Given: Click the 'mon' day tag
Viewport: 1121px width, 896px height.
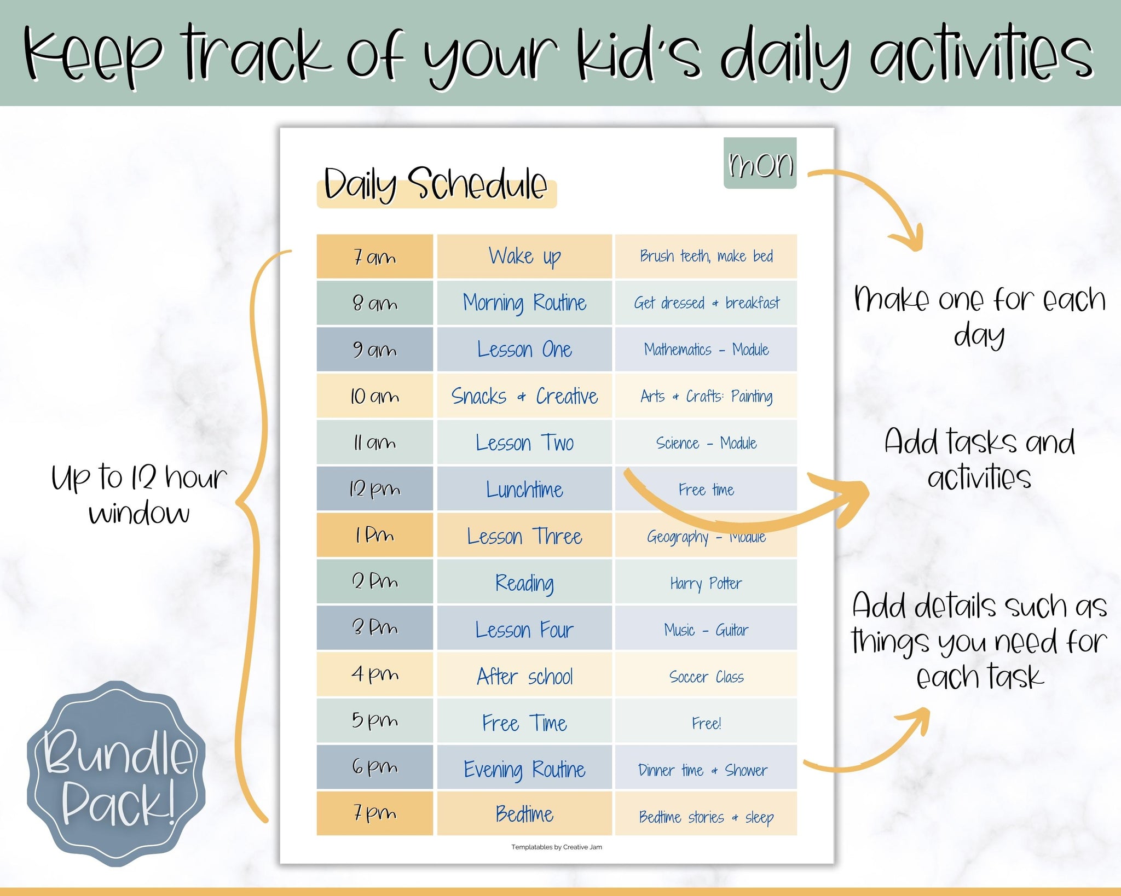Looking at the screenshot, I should pyautogui.click(x=760, y=164).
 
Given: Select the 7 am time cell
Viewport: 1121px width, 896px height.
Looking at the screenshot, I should pyautogui.click(x=374, y=257).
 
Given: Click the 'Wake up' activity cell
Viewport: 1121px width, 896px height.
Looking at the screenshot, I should pyautogui.click(x=524, y=257).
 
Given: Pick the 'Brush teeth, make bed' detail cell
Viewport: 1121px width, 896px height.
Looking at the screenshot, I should pyautogui.click(x=706, y=257).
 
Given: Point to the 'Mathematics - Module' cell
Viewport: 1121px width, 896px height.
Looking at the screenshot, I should pyautogui.click(x=706, y=350).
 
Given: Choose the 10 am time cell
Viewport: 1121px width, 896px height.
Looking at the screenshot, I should pyautogui.click(x=374, y=396).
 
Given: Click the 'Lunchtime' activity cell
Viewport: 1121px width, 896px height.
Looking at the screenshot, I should pyautogui.click(x=524, y=489).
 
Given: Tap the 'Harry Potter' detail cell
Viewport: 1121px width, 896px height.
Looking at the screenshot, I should pyautogui.click(x=706, y=583).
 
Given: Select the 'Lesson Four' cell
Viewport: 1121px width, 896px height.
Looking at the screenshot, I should pyautogui.click(x=524, y=629).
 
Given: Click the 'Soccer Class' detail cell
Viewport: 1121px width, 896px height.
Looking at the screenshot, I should pyautogui.click(x=706, y=676).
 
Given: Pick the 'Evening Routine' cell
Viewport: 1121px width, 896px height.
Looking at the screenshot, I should pyautogui.click(x=524, y=769).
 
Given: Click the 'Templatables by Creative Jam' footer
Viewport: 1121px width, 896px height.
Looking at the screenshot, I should pyautogui.click(x=556, y=847).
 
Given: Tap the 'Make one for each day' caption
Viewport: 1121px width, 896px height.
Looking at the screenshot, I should pyautogui.click(x=979, y=316).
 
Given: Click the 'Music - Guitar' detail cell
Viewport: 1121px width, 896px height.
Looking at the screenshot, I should pyautogui.click(x=706, y=630).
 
